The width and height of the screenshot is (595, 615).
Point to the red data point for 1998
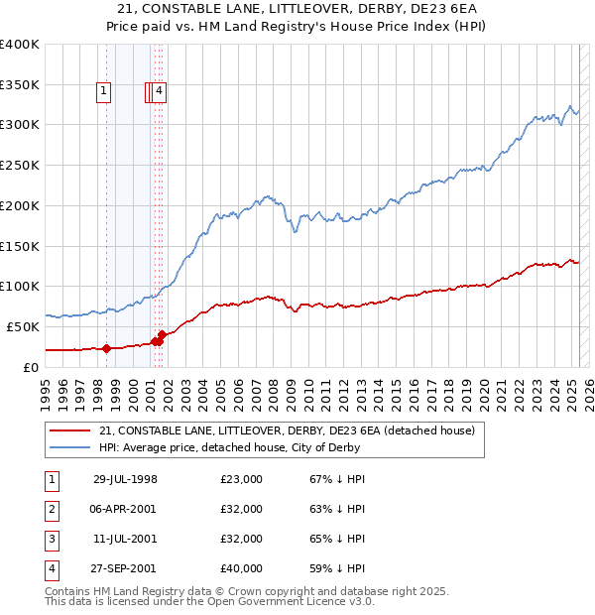pyautogui.click(x=106, y=348)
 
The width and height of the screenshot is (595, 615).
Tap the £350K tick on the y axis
pyautogui.click(x=21, y=84)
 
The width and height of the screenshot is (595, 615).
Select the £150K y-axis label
pyautogui.click(x=21, y=245)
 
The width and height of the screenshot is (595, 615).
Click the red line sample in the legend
pyautogui.click(x=69, y=430)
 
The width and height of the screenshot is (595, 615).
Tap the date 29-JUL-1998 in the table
pyautogui.click(x=125, y=479)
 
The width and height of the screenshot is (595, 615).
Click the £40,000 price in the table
pyautogui.click(x=242, y=568)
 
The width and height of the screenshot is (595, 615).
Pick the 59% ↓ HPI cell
pyautogui.click(x=338, y=568)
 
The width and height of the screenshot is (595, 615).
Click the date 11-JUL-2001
pyautogui.click(x=125, y=539)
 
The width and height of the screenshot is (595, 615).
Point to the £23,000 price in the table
pyautogui.click(x=242, y=479)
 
